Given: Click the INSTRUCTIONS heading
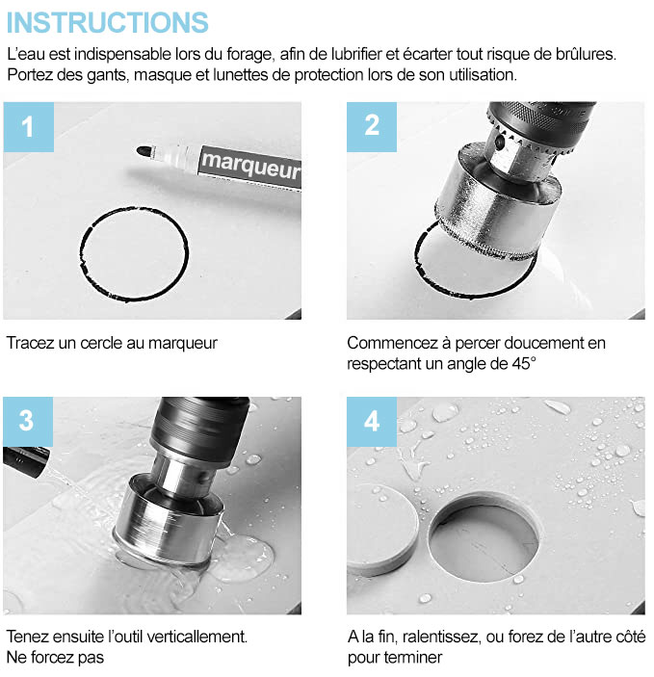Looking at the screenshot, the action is pos(108,22).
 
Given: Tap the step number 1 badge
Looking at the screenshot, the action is pos(29,127).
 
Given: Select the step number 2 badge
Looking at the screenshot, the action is pos(372,127).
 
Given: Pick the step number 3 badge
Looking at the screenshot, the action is pos(28,422).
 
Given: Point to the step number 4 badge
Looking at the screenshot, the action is pos(372,422).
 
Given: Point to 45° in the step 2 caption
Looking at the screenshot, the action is pos(524,364).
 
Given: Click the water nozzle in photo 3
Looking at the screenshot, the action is pos(26,461).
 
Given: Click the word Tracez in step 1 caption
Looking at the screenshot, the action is pos(30,343).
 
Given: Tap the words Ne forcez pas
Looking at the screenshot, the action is pos(55,658).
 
